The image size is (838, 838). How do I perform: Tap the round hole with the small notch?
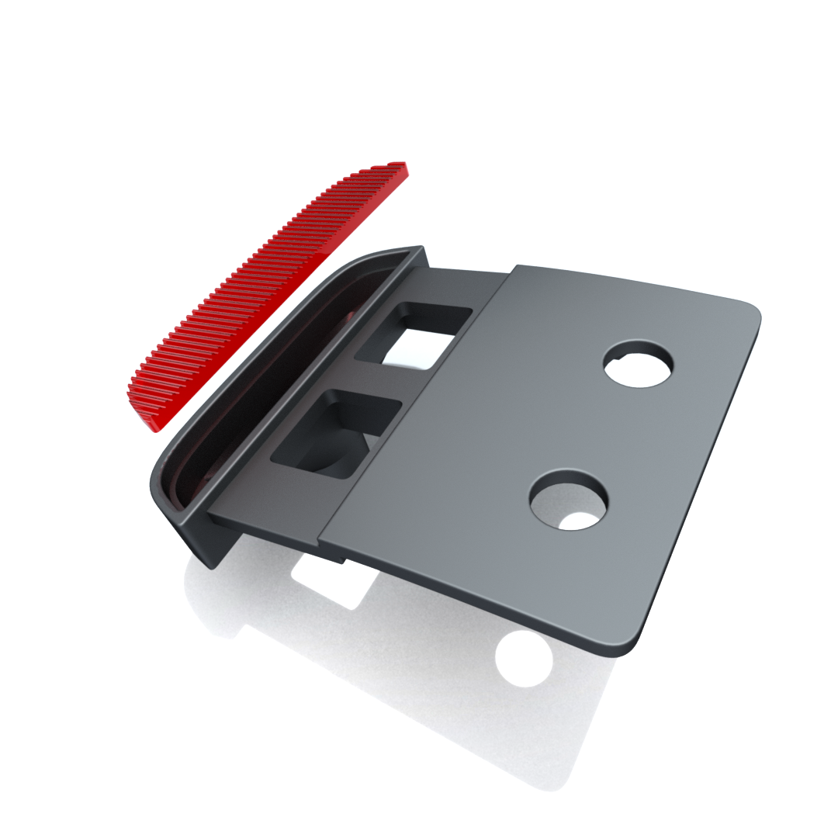point(639,364)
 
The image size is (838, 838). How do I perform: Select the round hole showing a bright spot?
point(569,500)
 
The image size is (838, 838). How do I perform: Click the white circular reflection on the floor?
point(524,659)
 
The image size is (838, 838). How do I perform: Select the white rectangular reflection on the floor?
point(330,582)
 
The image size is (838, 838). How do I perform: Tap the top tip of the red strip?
point(399,166)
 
